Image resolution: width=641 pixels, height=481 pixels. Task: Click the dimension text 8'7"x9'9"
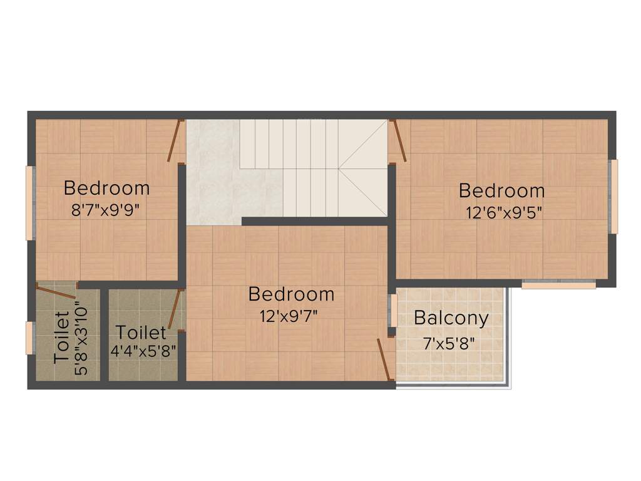click(105, 209)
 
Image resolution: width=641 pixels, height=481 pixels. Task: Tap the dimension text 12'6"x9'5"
click(503, 212)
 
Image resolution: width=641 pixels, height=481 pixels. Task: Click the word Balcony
click(451, 318)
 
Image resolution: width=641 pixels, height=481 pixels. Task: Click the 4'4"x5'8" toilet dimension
click(142, 351)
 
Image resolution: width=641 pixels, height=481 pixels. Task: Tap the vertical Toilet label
click(61, 337)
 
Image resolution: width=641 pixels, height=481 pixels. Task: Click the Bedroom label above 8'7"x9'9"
click(106, 188)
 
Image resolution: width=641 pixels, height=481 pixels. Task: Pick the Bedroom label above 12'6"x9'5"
click(501, 190)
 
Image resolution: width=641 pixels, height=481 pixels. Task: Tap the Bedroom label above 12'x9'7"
click(291, 294)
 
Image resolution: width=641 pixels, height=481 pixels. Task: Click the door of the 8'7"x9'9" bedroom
click(174, 140)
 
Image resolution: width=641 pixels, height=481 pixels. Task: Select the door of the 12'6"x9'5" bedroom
click(398, 141)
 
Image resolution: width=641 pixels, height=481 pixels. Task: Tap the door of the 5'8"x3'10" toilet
click(56, 290)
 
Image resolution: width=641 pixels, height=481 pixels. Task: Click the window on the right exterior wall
click(614, 196)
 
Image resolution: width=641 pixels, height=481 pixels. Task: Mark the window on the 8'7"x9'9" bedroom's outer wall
click(29, 202)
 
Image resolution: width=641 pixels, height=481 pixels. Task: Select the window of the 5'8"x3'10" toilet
click(29, 338)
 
